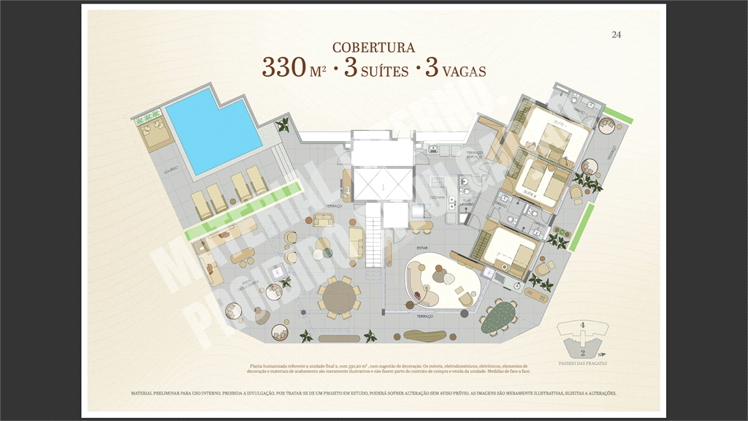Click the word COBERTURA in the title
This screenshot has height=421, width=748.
point(373,48)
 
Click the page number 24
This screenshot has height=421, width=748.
point(616,34)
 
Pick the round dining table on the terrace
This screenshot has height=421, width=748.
point(339,298)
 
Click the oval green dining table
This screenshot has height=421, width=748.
point(502,314)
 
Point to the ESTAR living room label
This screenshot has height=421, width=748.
point(422,247)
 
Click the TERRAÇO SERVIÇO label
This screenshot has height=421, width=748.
point(475,154)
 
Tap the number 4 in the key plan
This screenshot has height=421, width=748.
point(582,325)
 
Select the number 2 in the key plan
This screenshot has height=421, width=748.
point(582,350)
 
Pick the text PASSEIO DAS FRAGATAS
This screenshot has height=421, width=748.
point(582,363)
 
